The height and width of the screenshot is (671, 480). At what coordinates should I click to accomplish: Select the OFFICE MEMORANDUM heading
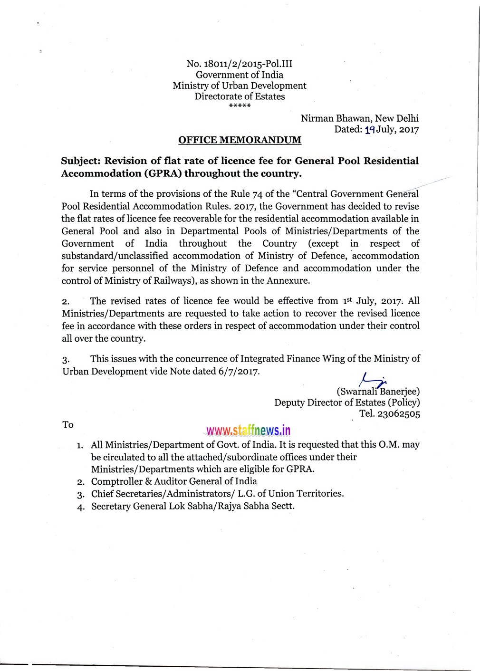point(240,140)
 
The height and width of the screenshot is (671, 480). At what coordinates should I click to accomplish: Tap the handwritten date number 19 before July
point(369,129)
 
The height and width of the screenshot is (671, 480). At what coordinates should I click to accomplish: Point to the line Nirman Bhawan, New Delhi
point(359,118)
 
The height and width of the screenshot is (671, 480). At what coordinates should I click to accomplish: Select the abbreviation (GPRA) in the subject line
point(163,173)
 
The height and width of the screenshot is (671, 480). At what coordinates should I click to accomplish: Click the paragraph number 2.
point(66,302)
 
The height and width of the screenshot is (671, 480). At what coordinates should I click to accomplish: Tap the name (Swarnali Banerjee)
point(378,392)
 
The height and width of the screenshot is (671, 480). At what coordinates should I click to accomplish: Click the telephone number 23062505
point(398,413)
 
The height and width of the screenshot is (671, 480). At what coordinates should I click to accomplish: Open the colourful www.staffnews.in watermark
point(247,431)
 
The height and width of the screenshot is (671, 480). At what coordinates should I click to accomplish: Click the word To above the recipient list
point(68,425)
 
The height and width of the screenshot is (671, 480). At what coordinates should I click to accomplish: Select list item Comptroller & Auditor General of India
point(174,481)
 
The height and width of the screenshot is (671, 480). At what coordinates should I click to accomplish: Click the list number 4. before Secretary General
point(81,507)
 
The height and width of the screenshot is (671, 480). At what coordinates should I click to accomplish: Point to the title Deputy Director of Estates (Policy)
point(347,403)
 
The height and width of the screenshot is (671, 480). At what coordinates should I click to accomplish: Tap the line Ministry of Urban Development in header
point(240,86)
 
